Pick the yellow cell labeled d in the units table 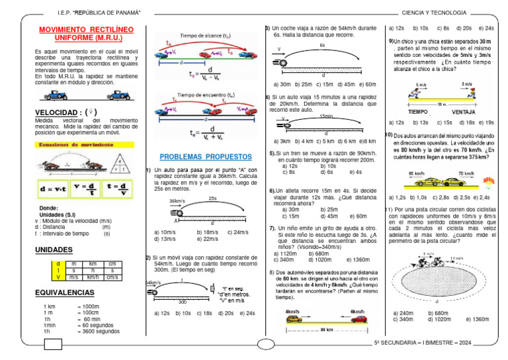coord(58,263)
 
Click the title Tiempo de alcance coord(204,35)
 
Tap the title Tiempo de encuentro coord(204,95)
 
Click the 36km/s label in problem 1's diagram coord(177,201)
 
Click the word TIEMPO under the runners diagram coord(417,112)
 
